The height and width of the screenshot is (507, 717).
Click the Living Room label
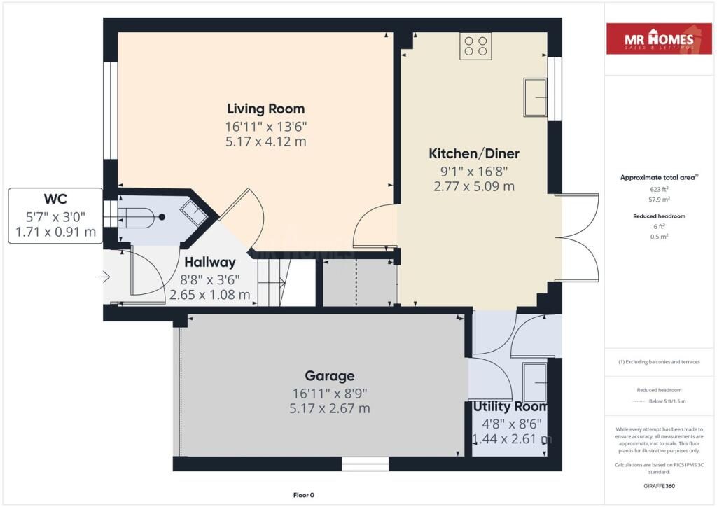(x=265, y=109)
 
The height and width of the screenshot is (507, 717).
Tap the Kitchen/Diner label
(x=474, y=153)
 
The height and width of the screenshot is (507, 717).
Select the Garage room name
(x=330, y=376)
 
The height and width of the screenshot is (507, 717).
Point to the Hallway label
(x=210, y=263)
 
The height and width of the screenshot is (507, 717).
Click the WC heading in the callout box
(x=55, y=199)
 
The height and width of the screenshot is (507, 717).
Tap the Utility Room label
(x=510, y=406)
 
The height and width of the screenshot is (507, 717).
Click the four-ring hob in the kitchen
(x=475, y=46)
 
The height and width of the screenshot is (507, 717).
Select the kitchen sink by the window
(x=535, y=97)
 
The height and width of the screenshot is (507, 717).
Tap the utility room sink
(x=534, y=382)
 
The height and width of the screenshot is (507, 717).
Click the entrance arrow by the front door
(x=104, y=277)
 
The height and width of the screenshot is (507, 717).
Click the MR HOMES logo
(x=659, y=39)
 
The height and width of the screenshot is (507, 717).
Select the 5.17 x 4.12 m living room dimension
(x=265, y=141)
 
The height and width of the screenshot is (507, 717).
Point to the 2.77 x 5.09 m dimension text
(x=474, y=186)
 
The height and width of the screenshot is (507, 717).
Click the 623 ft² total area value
(x=659, y=189)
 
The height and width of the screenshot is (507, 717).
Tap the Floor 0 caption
(x=304, y=495)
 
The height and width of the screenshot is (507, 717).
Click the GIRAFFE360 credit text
(x=659, y=486)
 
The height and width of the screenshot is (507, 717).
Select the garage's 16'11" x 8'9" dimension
(x=330, y=393)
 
